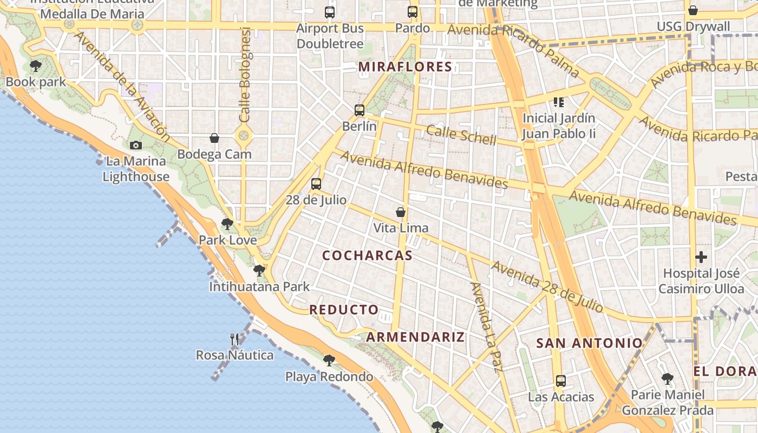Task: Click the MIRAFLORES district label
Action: click(x=406, y=67)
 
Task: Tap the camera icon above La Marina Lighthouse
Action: click(x=136, y=145)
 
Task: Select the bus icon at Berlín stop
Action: click(x=360, y=110)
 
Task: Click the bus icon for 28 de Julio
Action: click(x=316, y=184)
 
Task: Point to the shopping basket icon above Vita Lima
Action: click(x=401, y=212)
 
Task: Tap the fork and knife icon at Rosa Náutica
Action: click(x=234, y=339)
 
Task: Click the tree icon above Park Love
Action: click(x=227, y=224)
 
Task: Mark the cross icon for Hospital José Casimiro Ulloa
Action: click(x=701, y=257)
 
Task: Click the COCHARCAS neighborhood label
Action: click(x=368, y=255)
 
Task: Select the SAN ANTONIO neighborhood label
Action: click(x=589, y=343)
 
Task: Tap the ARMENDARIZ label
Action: click(x=415, y=337)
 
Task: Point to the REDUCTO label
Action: click(x=344, y=310)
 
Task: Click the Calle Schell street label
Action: click(x=461, y=135)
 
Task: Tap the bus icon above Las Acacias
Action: click(x=561, y=381)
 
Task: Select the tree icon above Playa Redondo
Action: click(x=329, y=360)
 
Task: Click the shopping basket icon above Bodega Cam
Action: click(x=214, y=138)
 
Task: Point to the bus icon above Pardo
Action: click(x=413, y=12)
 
